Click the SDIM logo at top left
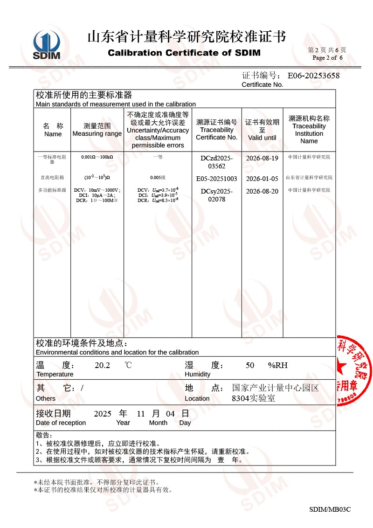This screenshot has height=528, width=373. tap(47, 45)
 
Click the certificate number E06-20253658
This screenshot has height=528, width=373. tap(313, 76)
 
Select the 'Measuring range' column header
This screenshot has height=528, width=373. tap(97, 130)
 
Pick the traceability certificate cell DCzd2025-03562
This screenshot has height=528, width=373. tap(216, 162)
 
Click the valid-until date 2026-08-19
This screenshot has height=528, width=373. tap(262, 159)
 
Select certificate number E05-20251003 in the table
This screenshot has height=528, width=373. tap(216, 179)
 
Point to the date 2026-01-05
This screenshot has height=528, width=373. tap(262, 179)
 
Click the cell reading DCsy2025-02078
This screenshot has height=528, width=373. tap(216, 195)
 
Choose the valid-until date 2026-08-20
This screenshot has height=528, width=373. tap(262, 191)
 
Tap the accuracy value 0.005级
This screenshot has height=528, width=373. tap(158, 178)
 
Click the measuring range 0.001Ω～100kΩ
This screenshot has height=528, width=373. tap(97, 157)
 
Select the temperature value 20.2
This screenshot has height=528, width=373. tap(102, 365)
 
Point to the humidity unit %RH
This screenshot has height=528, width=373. tap(278, 365)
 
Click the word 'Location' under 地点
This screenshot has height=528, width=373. tap(197, 398)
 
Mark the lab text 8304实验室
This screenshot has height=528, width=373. tap(253, 398)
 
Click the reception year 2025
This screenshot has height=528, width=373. tap(103, 414)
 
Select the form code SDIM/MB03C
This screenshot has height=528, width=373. tap(330, 509)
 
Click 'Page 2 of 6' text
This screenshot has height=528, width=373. tap(327, 58)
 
